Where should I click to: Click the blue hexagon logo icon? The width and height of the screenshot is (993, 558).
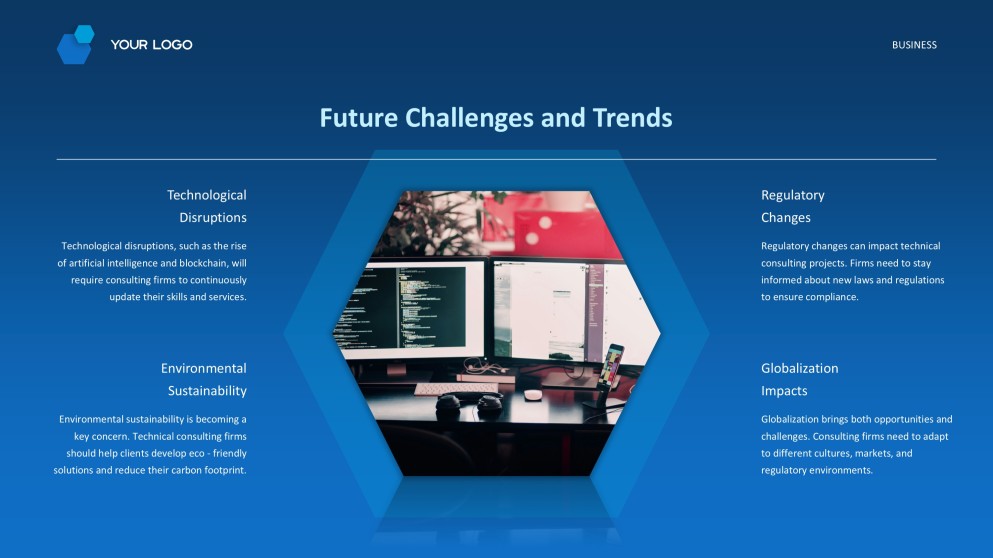[x=75, y=45]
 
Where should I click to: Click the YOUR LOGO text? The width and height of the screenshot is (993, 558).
[x=151, y=45]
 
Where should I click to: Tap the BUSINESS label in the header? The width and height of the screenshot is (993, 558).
[x=914, y=45]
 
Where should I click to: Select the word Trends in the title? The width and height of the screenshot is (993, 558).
[x=632, y=118]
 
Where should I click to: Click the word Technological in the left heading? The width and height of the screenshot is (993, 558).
[x=206, y=195]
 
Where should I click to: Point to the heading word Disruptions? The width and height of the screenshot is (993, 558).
[x=212, y=218]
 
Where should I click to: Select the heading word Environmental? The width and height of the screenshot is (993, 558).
[x=203, y=368]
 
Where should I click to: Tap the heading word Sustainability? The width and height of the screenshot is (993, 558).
[x=206, y=391]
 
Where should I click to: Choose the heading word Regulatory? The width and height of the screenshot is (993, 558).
[x=792, y=195]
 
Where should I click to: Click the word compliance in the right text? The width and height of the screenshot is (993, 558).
[x=831, y=297]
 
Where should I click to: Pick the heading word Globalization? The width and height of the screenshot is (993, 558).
[x=799, y=368]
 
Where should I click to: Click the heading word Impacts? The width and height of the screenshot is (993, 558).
[x=784, y=391]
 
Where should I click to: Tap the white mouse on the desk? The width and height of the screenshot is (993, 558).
[x=533, y=394]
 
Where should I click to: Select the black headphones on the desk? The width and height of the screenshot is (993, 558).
[x=469, y=404]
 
